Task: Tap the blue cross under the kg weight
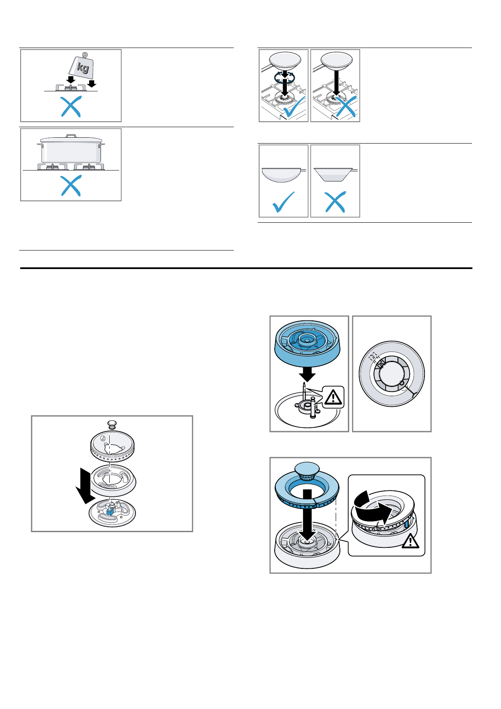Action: [71, 107]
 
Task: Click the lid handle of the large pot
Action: [71, 136]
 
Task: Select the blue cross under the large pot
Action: [71, 186]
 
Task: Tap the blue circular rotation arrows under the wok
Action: [284, 76]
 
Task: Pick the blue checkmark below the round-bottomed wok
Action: [284, 202]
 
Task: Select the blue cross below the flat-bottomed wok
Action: [335, 202]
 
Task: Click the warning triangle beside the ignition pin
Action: [333, 397]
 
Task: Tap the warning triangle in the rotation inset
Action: [410, 541]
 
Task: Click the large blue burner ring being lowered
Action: [307, 344]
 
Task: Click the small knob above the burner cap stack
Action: [112, 424]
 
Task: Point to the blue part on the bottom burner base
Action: [110, 510]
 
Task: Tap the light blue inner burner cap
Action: [307, 469]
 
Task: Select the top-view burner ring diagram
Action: [392, 374]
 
